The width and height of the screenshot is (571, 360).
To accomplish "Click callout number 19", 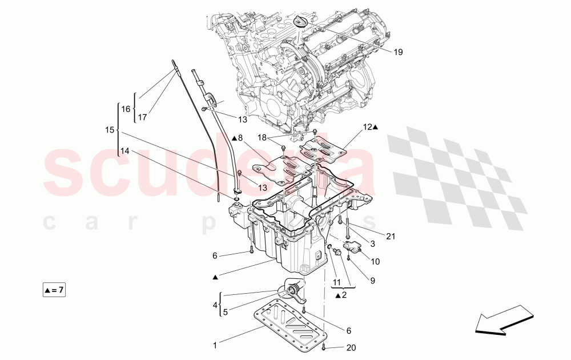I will [398, 52].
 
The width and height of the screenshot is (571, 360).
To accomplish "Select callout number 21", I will [391, 235].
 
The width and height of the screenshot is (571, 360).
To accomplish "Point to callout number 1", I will [215, 345].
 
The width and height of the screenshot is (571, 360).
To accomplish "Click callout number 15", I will [110, 130].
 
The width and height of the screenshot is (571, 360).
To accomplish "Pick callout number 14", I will [124, 151].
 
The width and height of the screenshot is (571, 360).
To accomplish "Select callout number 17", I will [142, 117].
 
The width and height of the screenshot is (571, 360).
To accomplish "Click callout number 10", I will [375, 262].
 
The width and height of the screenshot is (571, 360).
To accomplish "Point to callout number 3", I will [372, 244].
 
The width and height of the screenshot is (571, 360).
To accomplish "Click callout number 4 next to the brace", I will [215, 306].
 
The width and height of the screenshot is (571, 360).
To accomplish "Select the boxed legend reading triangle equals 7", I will [54, 291].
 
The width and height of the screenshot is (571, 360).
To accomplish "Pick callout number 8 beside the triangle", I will [240, 138].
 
